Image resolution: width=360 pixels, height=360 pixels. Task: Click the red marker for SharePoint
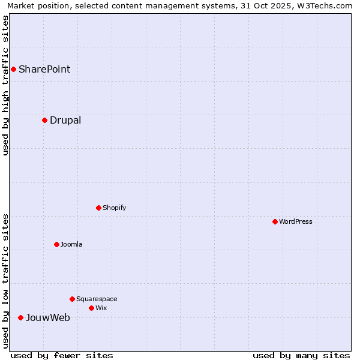point(13,69)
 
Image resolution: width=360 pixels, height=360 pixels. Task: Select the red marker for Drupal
point(44,120)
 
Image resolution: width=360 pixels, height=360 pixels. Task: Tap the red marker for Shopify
point(98,208)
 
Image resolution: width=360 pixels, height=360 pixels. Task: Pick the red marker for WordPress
point(275,221)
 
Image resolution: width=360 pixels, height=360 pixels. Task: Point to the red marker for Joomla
point(56,244)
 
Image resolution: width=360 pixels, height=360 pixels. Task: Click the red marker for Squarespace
point(72,299)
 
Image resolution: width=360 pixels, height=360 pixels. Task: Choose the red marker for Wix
point(91,308)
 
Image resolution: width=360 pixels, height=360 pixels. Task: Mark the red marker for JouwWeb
point(20,317)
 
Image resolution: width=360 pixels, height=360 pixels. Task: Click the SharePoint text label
point(44,69)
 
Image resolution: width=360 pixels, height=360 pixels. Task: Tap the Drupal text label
point(65,120)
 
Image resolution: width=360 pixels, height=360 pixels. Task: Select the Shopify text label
point(114,208)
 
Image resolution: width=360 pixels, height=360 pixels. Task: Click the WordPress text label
point(296,221)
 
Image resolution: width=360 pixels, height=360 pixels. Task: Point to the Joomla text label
point(71,244)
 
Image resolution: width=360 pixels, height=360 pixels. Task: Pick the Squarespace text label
point(97,299)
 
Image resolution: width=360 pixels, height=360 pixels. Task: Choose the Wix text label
point(101,308)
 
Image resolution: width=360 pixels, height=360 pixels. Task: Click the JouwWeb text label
point(48,317)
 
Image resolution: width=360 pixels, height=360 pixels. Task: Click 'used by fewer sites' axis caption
point(62,355)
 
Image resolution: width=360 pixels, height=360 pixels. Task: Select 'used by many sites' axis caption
point(301,355)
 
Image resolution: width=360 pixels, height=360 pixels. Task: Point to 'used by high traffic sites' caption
point(6,85)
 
